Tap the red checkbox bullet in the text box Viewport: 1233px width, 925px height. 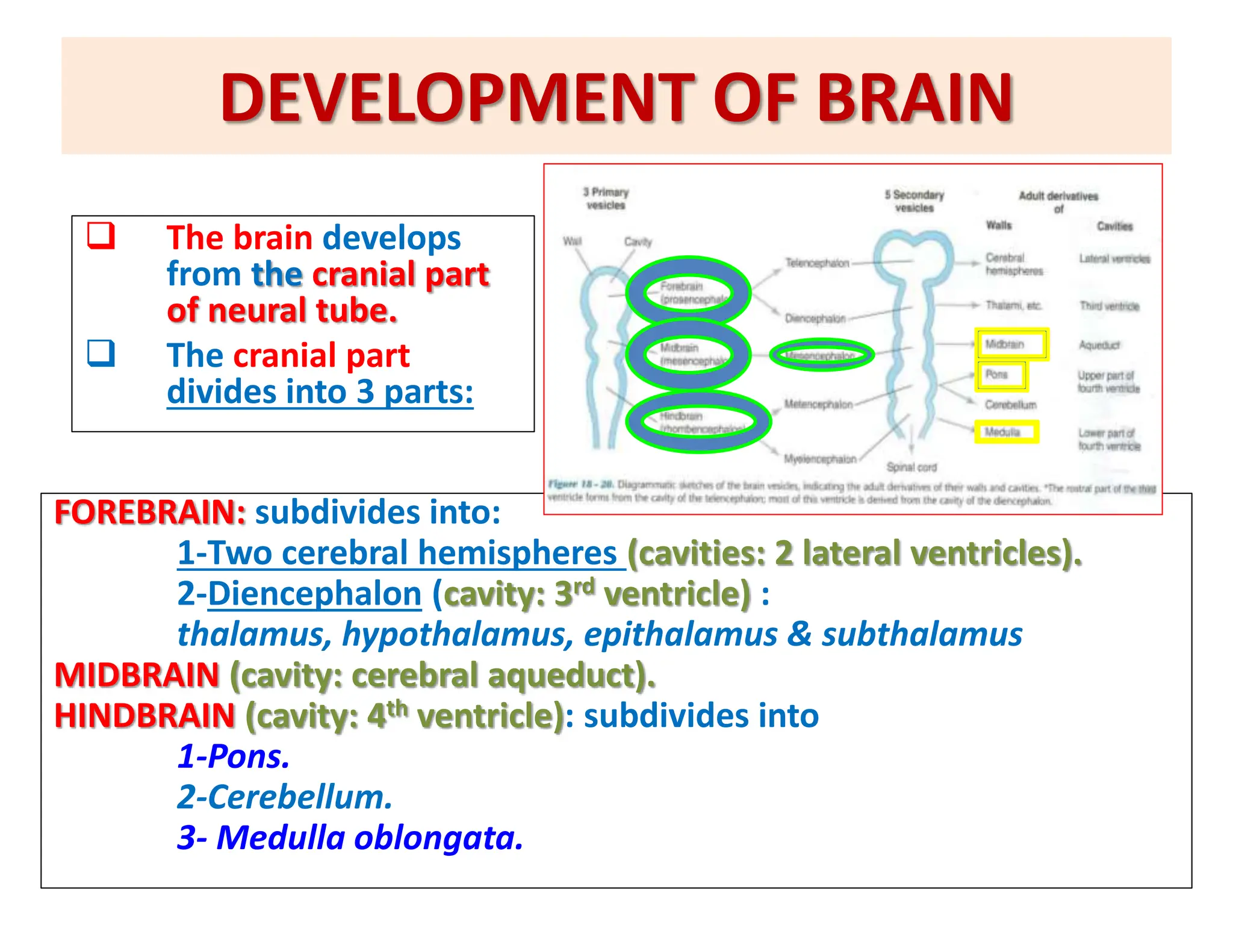tap(101, 235)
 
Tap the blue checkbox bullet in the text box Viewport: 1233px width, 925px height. tap(101, 353)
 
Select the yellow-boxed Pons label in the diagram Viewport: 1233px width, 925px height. tap(1001, 375)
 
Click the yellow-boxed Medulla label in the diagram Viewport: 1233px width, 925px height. tap(1006, 432)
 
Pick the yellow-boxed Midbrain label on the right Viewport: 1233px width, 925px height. tap(1011, 344)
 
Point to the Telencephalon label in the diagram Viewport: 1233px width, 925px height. tap(817, 263)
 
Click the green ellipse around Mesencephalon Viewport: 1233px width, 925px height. tap(822, 355)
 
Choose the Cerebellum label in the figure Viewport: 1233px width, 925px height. tap(1011, 405)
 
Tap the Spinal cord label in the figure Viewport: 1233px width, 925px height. tap(912, 467)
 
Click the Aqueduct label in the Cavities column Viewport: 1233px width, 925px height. tap(1099, 345)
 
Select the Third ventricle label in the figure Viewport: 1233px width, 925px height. tap(1109, 306)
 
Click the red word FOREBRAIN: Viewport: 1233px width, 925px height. tap(150, 512)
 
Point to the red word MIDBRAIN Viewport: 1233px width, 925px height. tap(137, 674)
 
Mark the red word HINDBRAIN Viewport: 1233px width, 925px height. tap(144, 715)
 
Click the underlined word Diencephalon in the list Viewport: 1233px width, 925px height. tap(314, 594)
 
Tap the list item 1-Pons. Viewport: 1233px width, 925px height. tap(234, 756)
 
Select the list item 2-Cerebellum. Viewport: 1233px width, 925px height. tap(285, 797)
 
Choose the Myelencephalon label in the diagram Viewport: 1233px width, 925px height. tap(820, 459)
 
